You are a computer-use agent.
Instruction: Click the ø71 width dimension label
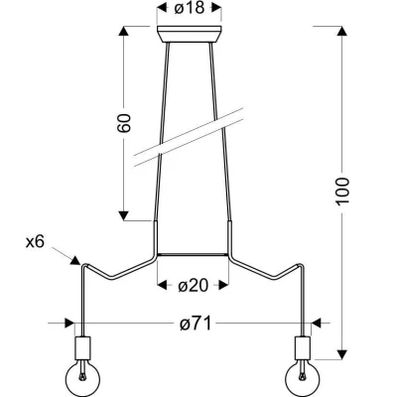point(193,324)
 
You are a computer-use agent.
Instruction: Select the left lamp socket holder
point(82,349)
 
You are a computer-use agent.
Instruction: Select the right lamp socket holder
point(302,349)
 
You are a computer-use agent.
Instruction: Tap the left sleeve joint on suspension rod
point(155,236)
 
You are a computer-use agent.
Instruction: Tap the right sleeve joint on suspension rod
point(230,236)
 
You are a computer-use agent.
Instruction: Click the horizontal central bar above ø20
point(193,253)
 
